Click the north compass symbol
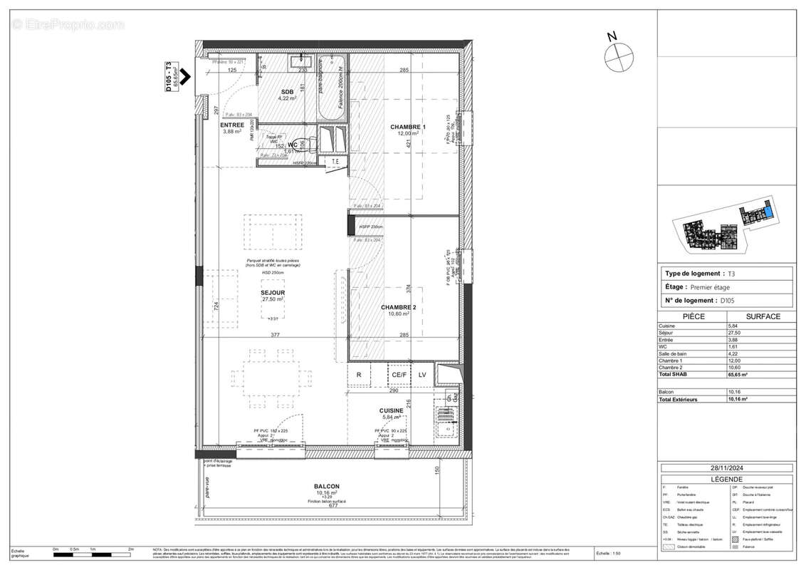tap(618, 56)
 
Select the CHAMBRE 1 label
tap(408, 128)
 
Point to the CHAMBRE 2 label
tap(398, 306)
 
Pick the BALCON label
tap(327, 487)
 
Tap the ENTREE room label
tap(232, 125)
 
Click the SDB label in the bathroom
tap(287, 93)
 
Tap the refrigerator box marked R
tap(359, 375)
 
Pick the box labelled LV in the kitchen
tap(422, 375)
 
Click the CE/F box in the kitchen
tap(397, 375)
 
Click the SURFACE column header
tap(763, 316)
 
